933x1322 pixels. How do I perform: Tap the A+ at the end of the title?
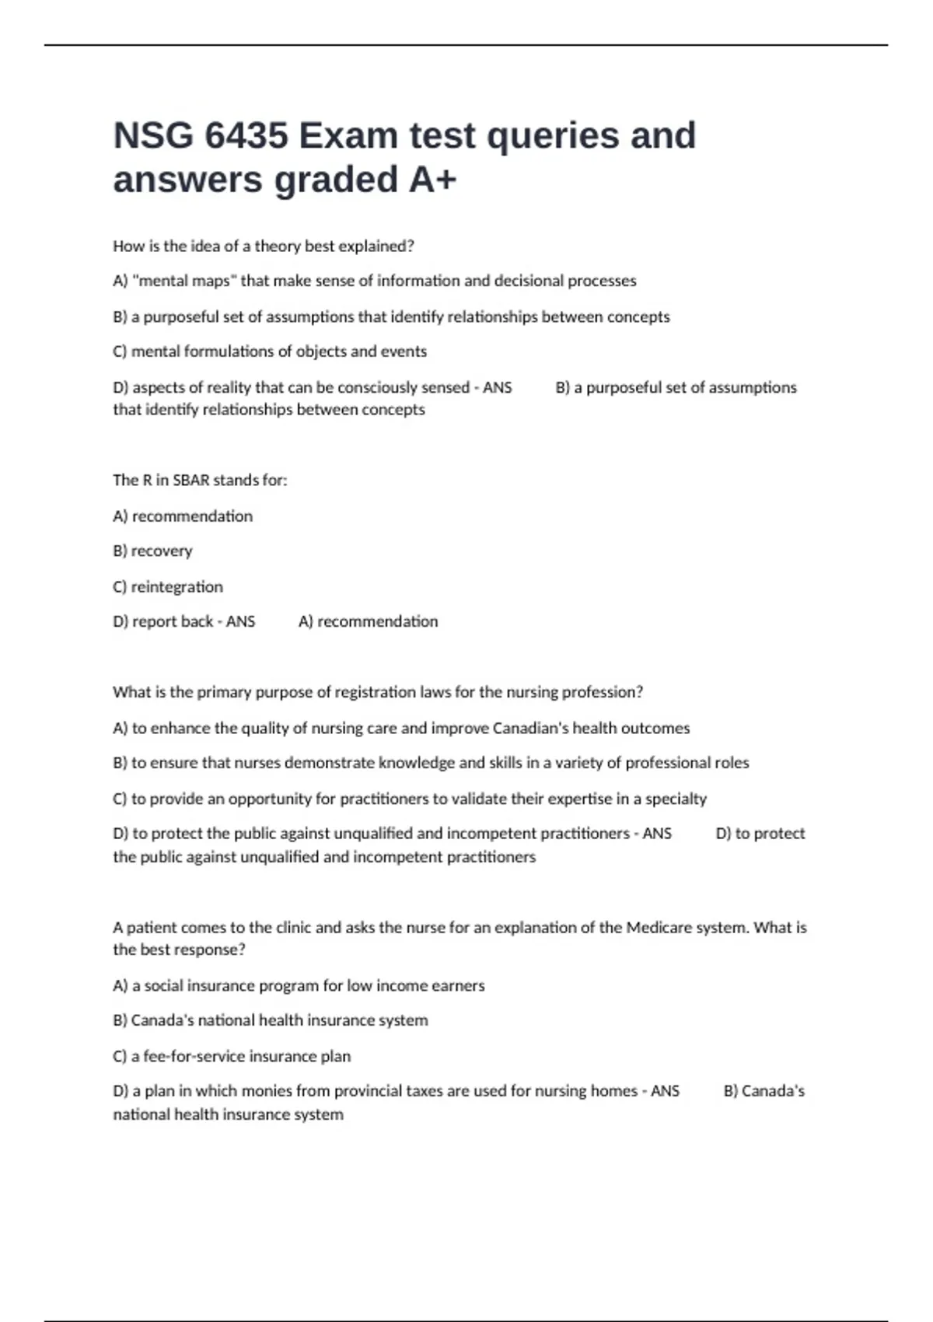[432, 180]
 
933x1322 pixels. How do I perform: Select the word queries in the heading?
[552, 136]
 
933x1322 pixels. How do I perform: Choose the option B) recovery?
[152, 551]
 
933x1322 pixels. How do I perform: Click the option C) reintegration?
[168, 586]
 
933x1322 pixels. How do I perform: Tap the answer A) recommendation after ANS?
[368, 621]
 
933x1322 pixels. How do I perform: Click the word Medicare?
[658, 927]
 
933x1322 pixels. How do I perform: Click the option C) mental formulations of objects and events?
[270, 351]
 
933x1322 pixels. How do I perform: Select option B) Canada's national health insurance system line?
[271, 1020]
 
